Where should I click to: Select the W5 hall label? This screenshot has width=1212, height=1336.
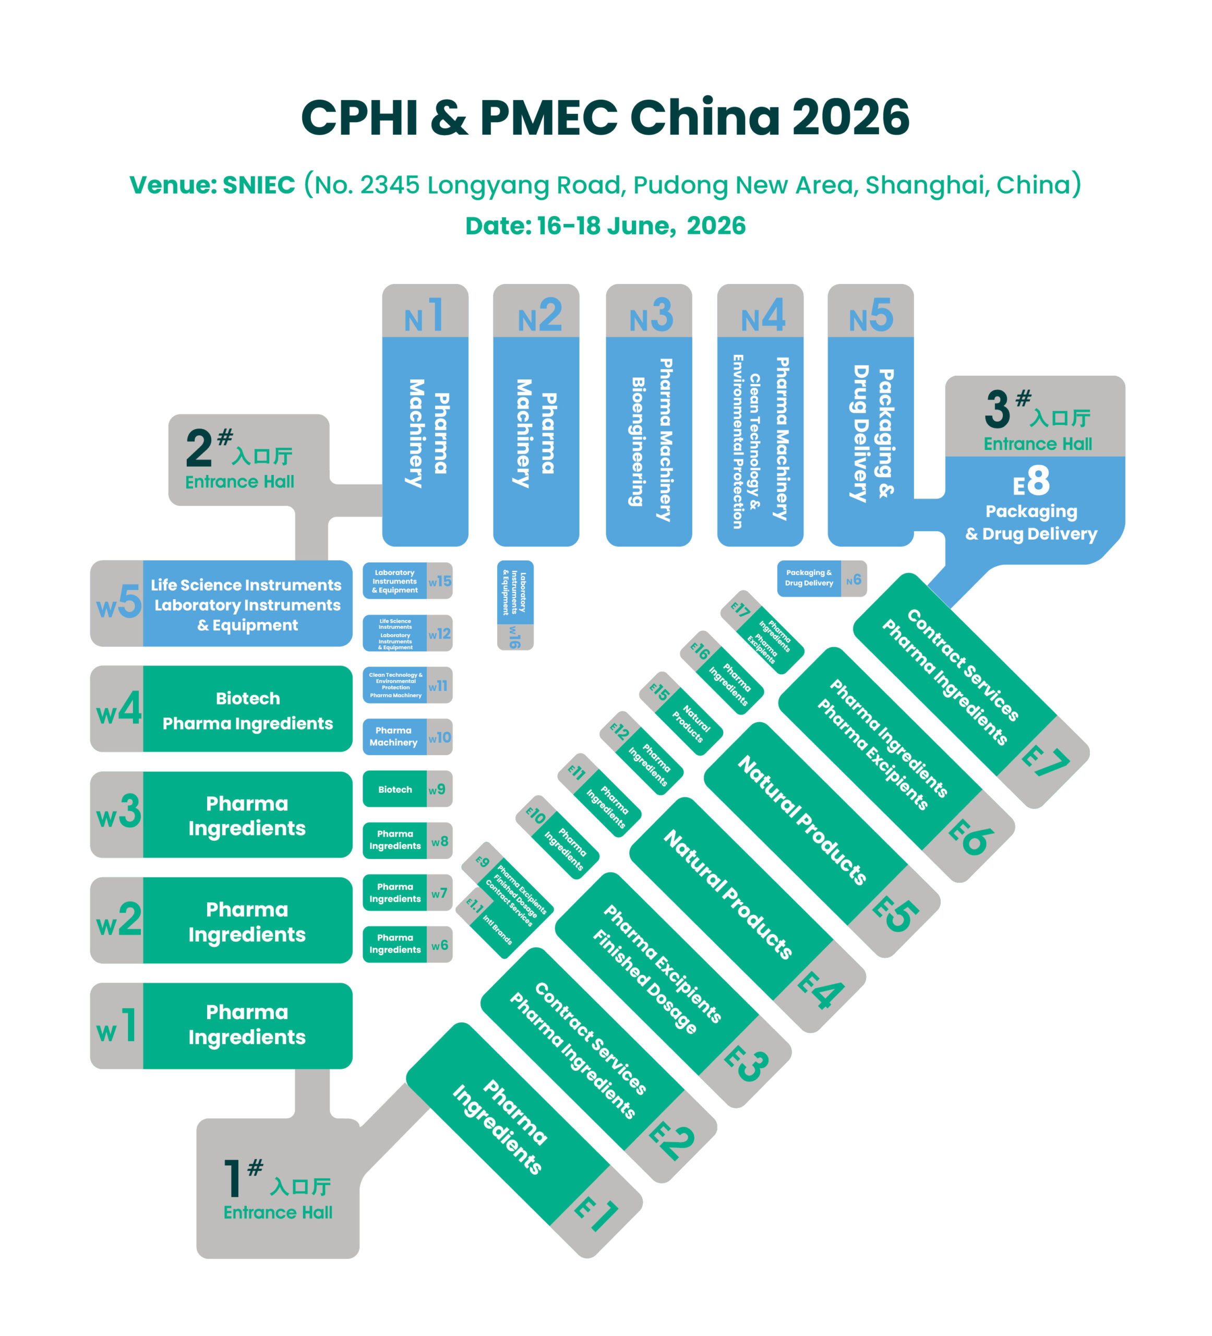click(x=118, y=602)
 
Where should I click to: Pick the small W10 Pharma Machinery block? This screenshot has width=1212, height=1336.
click(x=407, y=737)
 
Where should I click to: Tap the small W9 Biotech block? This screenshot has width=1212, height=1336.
click(x=407, y=789)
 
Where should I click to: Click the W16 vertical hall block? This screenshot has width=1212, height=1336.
click(x=515, y=604)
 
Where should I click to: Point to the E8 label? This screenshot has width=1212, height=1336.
click(x=1031, y=481)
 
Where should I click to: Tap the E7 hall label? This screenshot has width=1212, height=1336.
click(x=1045, y=761)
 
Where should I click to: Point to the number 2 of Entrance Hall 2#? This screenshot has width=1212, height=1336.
click(x=199, y=449)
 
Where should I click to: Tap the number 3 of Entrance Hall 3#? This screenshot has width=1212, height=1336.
click(x=997, y=410)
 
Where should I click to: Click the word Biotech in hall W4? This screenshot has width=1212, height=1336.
click(x=248, y=698)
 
